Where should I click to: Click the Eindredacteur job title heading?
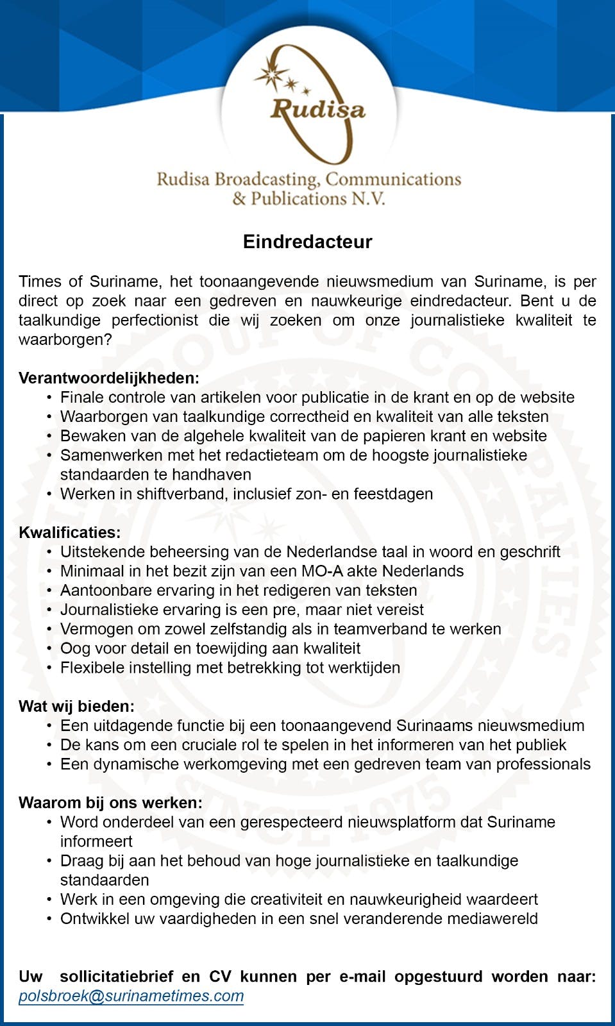coord(307,242)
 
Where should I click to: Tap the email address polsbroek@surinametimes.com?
coord(131,996)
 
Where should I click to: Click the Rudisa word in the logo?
coord(317,109)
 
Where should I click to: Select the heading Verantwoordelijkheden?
coord(109,378)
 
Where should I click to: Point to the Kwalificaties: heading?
coord(70,532)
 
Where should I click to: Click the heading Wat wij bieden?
coord(77,706)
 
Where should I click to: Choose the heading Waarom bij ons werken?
coord(110,802)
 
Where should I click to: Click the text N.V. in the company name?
coord(367,198)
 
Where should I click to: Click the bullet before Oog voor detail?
coord(49,648)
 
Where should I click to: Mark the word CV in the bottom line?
coord(220,976)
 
